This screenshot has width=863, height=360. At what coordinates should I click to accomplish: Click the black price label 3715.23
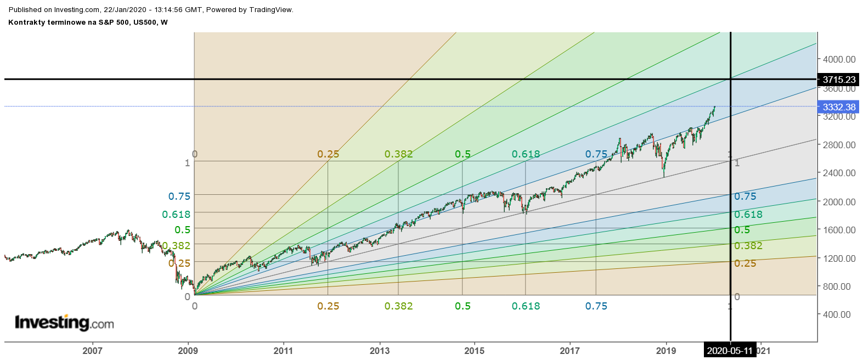point(838,80)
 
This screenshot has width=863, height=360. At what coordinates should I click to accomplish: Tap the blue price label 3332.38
point(838,107)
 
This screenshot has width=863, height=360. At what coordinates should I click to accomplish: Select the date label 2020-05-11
point(730,351)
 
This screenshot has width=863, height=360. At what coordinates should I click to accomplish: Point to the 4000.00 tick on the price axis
point(839,59)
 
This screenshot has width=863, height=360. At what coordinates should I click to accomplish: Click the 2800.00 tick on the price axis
point(839,145)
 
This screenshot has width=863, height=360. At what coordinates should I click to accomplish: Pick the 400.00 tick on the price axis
point(837,314)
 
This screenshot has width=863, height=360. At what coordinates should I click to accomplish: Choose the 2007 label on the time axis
point(92,351)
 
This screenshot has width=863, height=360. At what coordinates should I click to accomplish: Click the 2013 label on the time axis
point(380,351)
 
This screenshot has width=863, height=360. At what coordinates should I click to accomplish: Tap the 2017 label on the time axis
point(570,351)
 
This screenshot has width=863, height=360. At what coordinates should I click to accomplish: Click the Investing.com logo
point(64,323)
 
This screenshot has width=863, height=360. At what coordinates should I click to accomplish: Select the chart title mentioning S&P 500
point(88,22)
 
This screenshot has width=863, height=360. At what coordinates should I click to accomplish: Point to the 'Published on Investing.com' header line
point(151,9)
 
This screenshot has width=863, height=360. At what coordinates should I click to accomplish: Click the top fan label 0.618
point(526,154)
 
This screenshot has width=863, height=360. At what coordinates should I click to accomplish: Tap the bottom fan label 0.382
point(398,306)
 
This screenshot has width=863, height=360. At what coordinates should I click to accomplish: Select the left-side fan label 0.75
point(179,196)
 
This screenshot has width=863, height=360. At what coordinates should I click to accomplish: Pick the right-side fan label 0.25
point(745,263)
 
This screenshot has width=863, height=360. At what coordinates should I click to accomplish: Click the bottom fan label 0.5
point(462,306)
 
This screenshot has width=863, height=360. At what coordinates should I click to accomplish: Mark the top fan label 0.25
point(328,154)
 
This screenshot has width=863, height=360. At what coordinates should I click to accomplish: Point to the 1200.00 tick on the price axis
point(839,258)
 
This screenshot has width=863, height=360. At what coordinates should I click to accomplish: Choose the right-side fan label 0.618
point(748,215)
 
